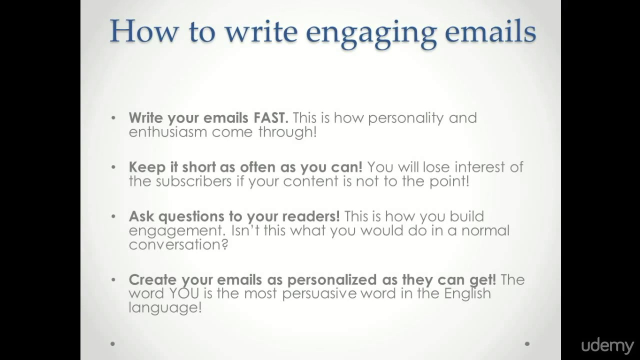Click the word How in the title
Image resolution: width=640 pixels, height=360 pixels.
coord(143,31)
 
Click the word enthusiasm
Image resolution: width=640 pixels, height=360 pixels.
coord(168,132)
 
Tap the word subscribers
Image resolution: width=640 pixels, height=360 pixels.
coord(193,181)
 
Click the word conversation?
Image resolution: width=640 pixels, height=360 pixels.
coord(178,244)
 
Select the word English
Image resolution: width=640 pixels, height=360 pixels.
coord(467,293)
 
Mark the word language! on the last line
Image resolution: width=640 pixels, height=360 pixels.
coord(165,307)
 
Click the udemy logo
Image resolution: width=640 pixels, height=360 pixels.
coord(607,346)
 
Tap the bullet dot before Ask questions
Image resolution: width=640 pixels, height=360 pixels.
coord(113,216)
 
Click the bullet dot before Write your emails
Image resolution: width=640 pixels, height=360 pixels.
coord(113,118)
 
